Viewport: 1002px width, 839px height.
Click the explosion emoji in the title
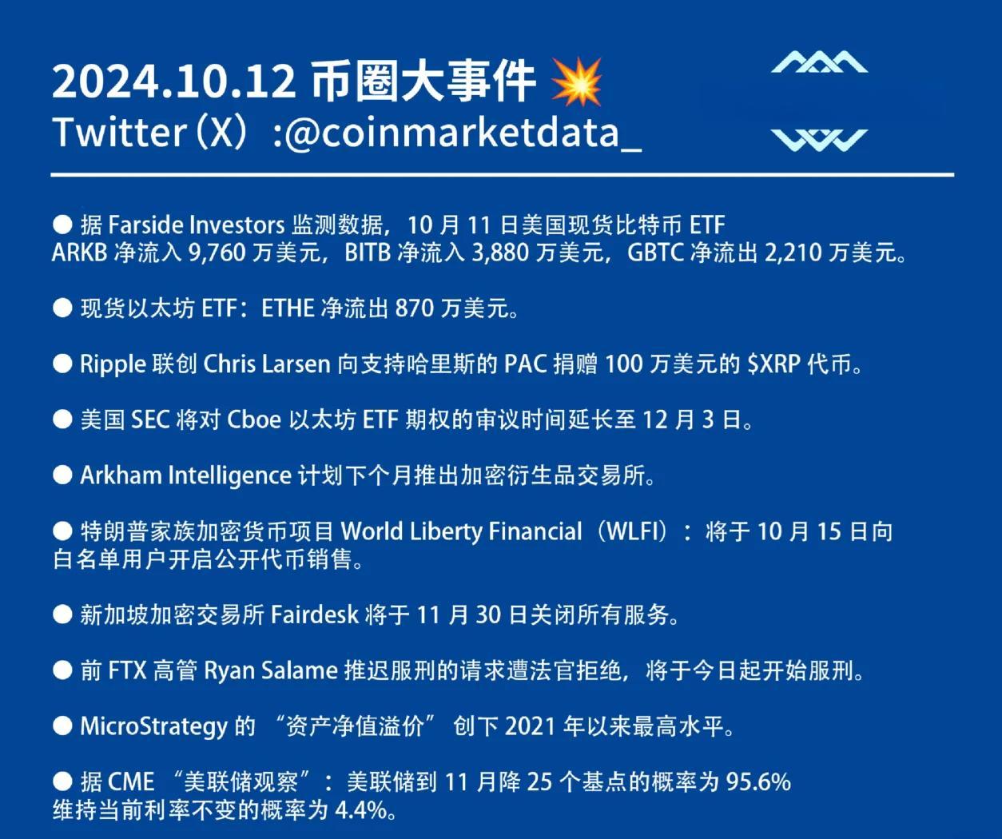(576, 82)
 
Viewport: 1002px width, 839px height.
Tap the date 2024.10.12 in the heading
(174, 82)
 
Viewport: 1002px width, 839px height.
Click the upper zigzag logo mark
(820, 62)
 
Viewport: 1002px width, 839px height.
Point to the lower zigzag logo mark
(820, 140)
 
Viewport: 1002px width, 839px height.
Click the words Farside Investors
(197, 225)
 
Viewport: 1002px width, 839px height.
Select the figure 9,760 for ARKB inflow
(217, 252)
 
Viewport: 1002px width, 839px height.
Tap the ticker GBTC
(655, 252)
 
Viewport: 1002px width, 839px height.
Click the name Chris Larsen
(267, 364)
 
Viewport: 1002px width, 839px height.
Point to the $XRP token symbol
(774, 364)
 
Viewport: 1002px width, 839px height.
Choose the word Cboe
(254, 419)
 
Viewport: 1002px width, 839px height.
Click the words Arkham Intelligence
(185, 475)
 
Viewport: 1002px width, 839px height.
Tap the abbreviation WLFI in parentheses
(635, 531)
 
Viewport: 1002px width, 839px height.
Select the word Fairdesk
(315, 614)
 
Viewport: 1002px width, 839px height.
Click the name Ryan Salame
(271, 670)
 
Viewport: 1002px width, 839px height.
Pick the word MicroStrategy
(154, 726)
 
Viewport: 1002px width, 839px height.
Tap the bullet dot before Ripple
(62, 364)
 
